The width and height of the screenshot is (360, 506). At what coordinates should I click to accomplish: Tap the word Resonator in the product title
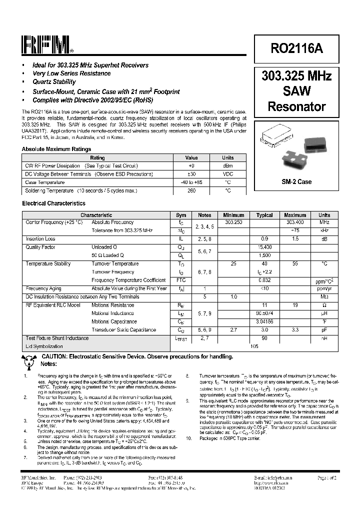(x=297, y=106)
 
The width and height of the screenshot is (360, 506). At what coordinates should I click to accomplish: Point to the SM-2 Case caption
(x=297, y=181)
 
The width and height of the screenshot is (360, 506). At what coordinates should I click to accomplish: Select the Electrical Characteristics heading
(x=53, y=203)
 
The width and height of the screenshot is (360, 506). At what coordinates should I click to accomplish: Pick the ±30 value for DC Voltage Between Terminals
(x=191, y=174)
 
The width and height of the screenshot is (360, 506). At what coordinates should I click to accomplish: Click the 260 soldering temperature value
(x=191, y=190)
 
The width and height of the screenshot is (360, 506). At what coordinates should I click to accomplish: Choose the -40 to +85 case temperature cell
(x=191, y=182)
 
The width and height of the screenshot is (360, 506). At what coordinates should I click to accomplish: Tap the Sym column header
(x=181, y=215)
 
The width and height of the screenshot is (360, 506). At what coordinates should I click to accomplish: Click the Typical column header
(x=264, y=215)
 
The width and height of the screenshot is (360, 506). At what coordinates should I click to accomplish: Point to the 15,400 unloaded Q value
(x=264, y=247)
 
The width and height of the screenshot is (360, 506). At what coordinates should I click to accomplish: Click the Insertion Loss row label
(x=40, y=239)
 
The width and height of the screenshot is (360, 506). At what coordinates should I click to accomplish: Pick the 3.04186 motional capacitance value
(x=264, y=321)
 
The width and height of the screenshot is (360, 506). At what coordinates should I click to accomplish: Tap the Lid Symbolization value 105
(x=255, y=346)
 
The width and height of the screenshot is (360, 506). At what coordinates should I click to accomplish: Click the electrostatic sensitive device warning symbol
(x=29, y=358)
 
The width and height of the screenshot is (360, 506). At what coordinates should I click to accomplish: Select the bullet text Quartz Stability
(x=54, y=82)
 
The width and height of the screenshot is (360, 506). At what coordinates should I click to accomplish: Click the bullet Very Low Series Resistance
(x=71, y=73)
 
